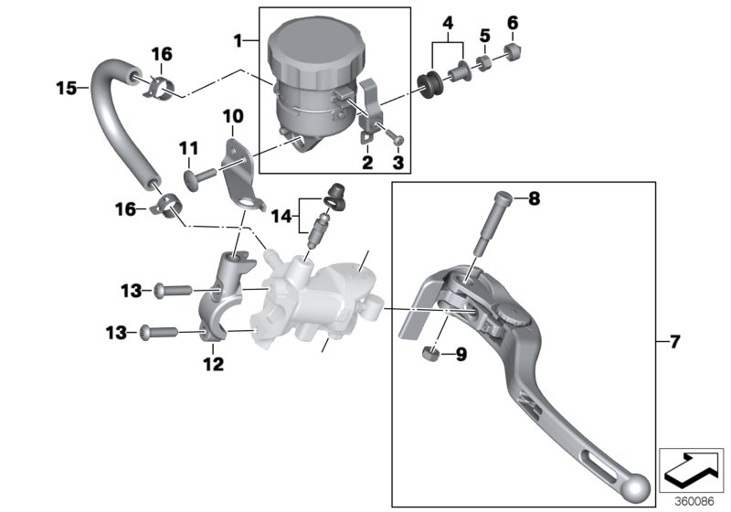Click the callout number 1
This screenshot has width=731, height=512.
pyautogui.click(x=239, y=40)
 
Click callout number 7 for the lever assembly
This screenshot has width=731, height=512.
pyautogui.click(x=675, y=342)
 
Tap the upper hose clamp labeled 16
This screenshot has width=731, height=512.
pyautogui.click(x=160, y=86)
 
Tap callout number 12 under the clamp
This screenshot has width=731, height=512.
pyautogui.click(x=213, y=365)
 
